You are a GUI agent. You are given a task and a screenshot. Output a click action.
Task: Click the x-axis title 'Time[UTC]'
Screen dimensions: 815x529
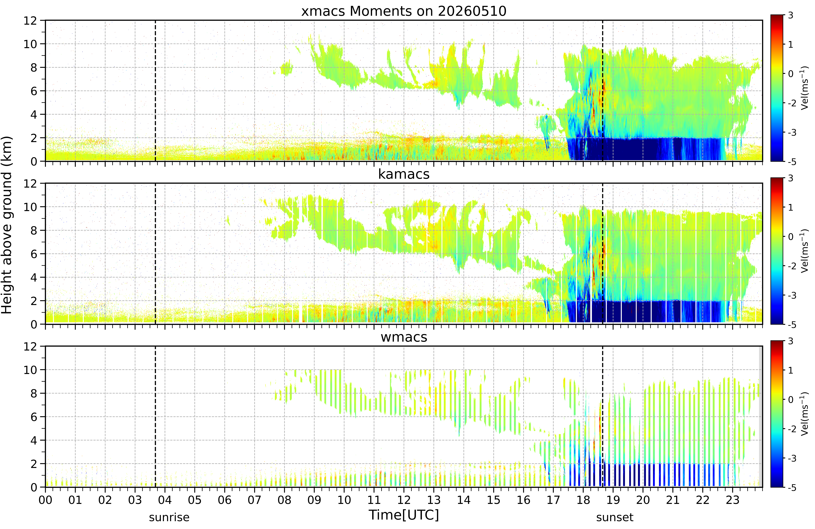pos(404,515)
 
